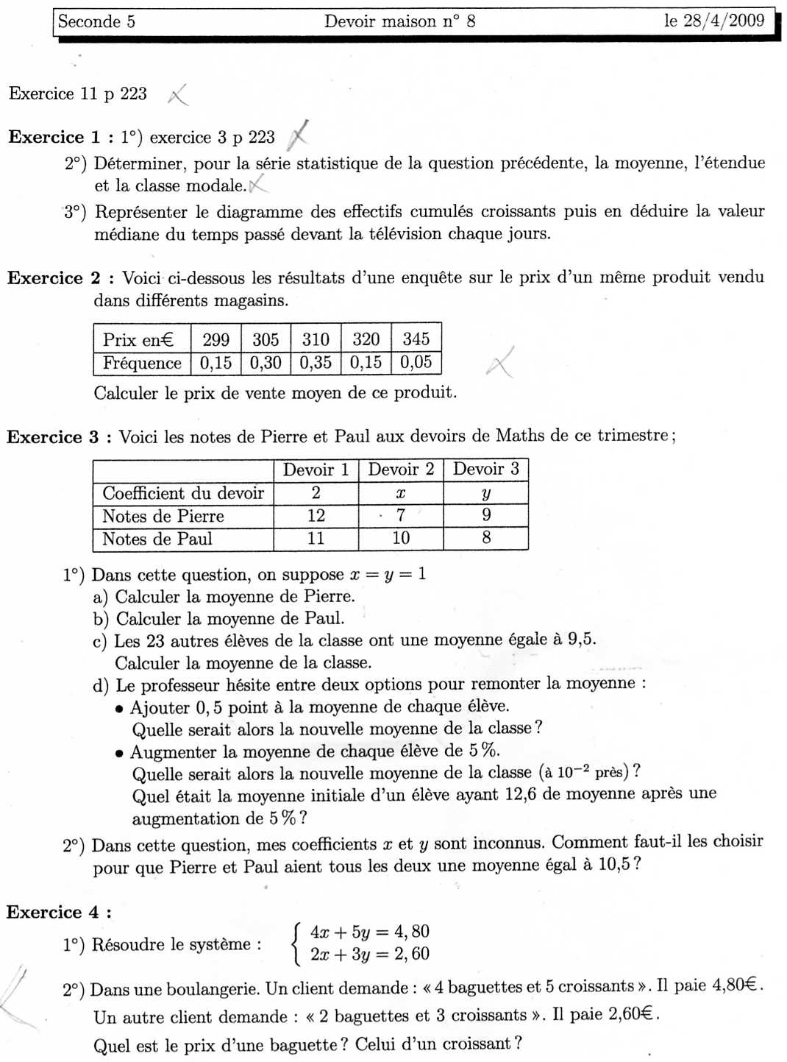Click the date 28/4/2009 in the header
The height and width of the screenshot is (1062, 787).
(724, 21)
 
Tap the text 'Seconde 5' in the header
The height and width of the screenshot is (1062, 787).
(96, 21)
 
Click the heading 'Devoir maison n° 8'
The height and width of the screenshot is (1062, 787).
(399, 21)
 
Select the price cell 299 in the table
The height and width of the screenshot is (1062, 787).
(216, 339)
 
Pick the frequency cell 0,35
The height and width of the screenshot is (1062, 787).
(316, 363)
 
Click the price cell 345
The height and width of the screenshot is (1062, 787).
(416, 339)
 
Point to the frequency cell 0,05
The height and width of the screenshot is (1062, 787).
(416, 363)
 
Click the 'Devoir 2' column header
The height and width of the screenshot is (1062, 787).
(401, 470)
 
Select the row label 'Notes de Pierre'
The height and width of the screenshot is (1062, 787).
(163, 516)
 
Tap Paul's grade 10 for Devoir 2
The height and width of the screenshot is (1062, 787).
(401, 538)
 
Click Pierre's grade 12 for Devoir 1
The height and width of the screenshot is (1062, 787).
(316, 516)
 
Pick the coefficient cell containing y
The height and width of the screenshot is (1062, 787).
(485, 493)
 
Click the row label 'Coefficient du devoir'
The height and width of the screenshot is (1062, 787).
(183, 493)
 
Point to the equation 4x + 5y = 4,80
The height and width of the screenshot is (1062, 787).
(369, 932)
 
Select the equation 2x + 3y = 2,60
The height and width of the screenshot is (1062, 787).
(369, 955)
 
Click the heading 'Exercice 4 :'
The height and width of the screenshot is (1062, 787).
(59, 913)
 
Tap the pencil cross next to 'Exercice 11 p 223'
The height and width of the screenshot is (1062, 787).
(178, 95)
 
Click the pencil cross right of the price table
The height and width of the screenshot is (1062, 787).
(500, 363)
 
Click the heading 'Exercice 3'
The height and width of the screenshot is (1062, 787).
(53, 437)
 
